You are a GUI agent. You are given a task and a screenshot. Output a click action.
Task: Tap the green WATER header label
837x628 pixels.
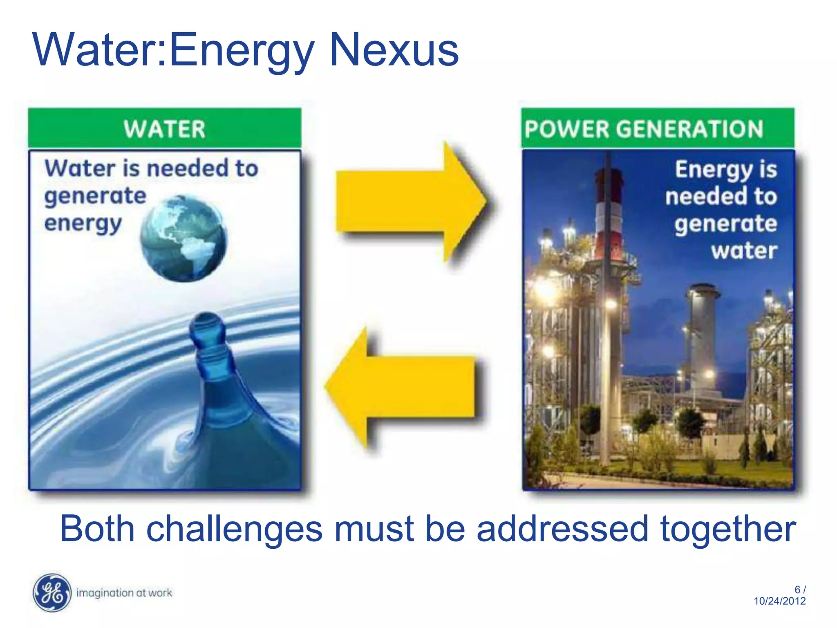[x=164, y=129]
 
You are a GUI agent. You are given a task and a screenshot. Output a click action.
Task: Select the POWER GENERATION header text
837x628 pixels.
[x=644, y=129]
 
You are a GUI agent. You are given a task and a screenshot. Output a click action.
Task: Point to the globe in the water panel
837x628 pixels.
[x=184, y=238]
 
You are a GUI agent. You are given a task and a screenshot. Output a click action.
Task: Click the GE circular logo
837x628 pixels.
[x=52, y=593]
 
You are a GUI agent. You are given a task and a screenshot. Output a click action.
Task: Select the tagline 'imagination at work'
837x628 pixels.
[x=124, y=593]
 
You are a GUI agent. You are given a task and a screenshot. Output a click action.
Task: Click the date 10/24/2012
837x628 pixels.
[x=779, y=601]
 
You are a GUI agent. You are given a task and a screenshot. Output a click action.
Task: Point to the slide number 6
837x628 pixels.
[x=797, y=590]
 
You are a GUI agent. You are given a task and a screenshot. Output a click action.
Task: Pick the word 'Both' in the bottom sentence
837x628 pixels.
[x=97, y=529]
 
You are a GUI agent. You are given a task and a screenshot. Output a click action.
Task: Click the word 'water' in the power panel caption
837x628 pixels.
[x=744, y=250]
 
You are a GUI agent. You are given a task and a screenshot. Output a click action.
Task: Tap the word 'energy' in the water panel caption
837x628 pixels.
[x=83, y=224]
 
